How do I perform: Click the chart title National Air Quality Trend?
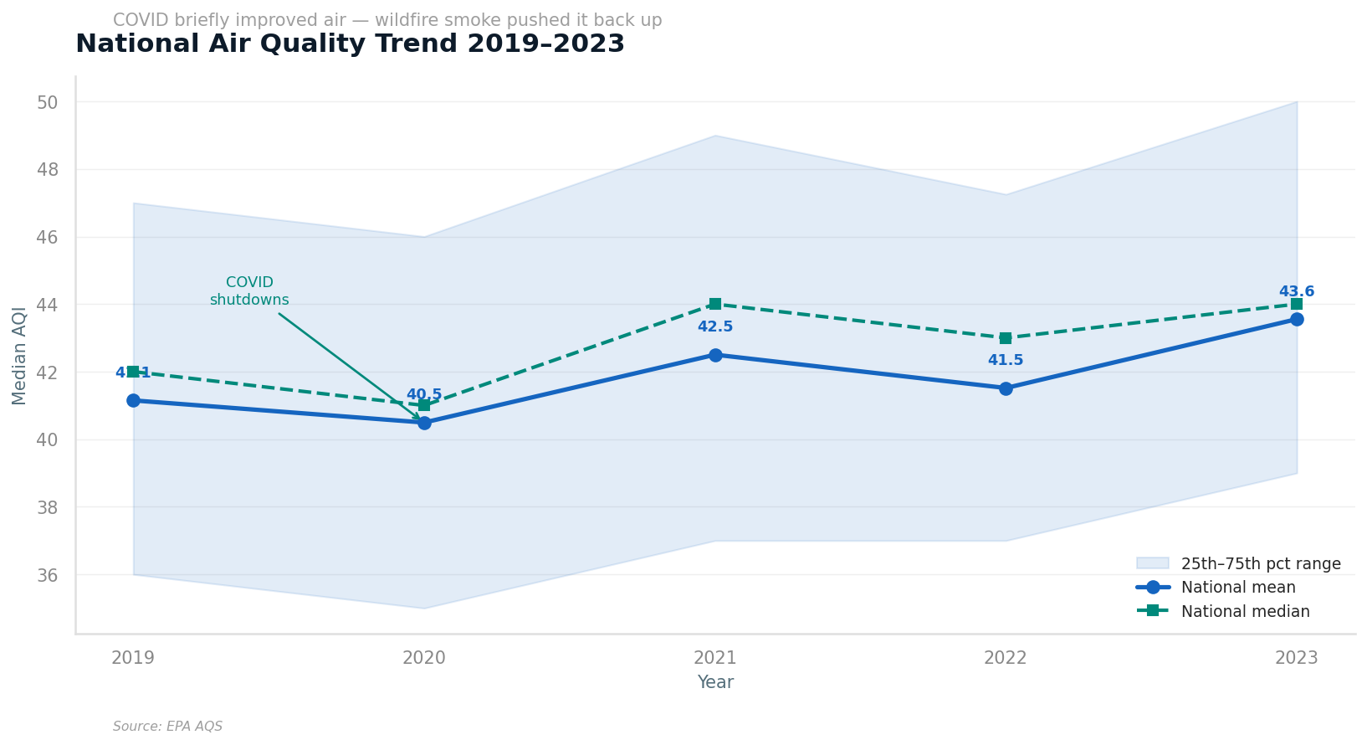click(x=350, y=44)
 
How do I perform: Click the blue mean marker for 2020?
click(x=424, y=423)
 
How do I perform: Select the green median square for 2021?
click(x=715, y=304)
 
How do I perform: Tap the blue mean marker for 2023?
click(x=1297, y=319)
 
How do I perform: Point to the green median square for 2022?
click(x=1006, y=338)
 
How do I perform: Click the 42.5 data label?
click(x=715, y=327)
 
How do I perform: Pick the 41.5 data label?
click(x=1006, y=361)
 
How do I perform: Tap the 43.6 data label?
click(x=1297, y=292)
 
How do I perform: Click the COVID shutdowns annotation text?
click(x=249, y=291)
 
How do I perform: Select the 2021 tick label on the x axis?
click(x=715, y=658)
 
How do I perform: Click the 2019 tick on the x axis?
click(x=133, y=658)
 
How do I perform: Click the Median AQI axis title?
click(x=19, y=355)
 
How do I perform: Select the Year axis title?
click(x=715, y=683)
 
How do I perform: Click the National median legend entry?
click(x=1245, y=612)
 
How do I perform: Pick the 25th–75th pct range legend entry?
click(x=1260, y=564)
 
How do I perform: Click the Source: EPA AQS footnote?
click(x=167, y=727)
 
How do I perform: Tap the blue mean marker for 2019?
click(x=133, y=400)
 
